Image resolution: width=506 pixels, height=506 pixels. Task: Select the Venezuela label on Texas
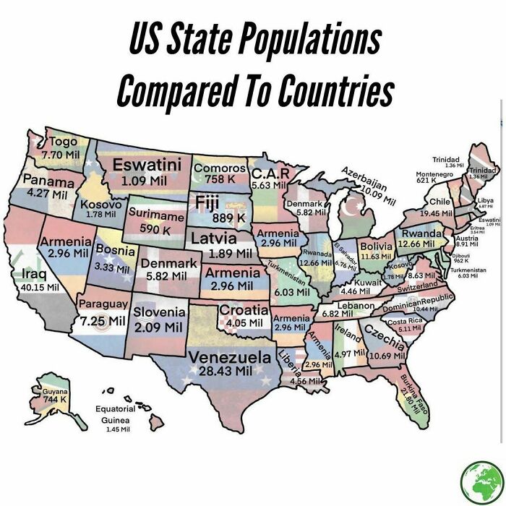click(x=230, y=357)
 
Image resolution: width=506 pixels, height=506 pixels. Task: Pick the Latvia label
click(x=219, y=238)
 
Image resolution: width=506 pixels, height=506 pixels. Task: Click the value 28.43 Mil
click(x=230, y=371)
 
